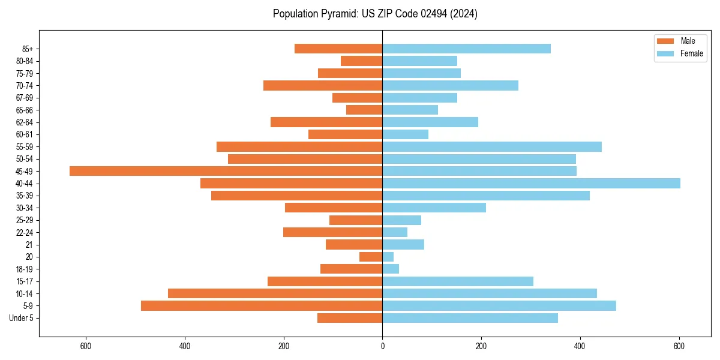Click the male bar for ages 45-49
coord(226,171)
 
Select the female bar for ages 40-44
coord(531,183)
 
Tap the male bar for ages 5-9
coord(262,305)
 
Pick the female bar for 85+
coord(466,49)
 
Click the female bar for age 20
coord(388,257)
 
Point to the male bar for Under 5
coord(350,318)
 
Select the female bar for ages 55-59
coord(492,146)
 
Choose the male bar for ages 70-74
coord(323,85)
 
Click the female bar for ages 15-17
coord(458,281)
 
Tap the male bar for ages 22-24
coord(332,232)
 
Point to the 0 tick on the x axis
coord(382,346)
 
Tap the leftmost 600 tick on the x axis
coord(86,346)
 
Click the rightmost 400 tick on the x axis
coord(580,346)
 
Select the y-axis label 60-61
coord(25,134)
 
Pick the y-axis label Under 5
coord(21,318)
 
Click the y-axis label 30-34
coord(25,208)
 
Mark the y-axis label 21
coord(29,244)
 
